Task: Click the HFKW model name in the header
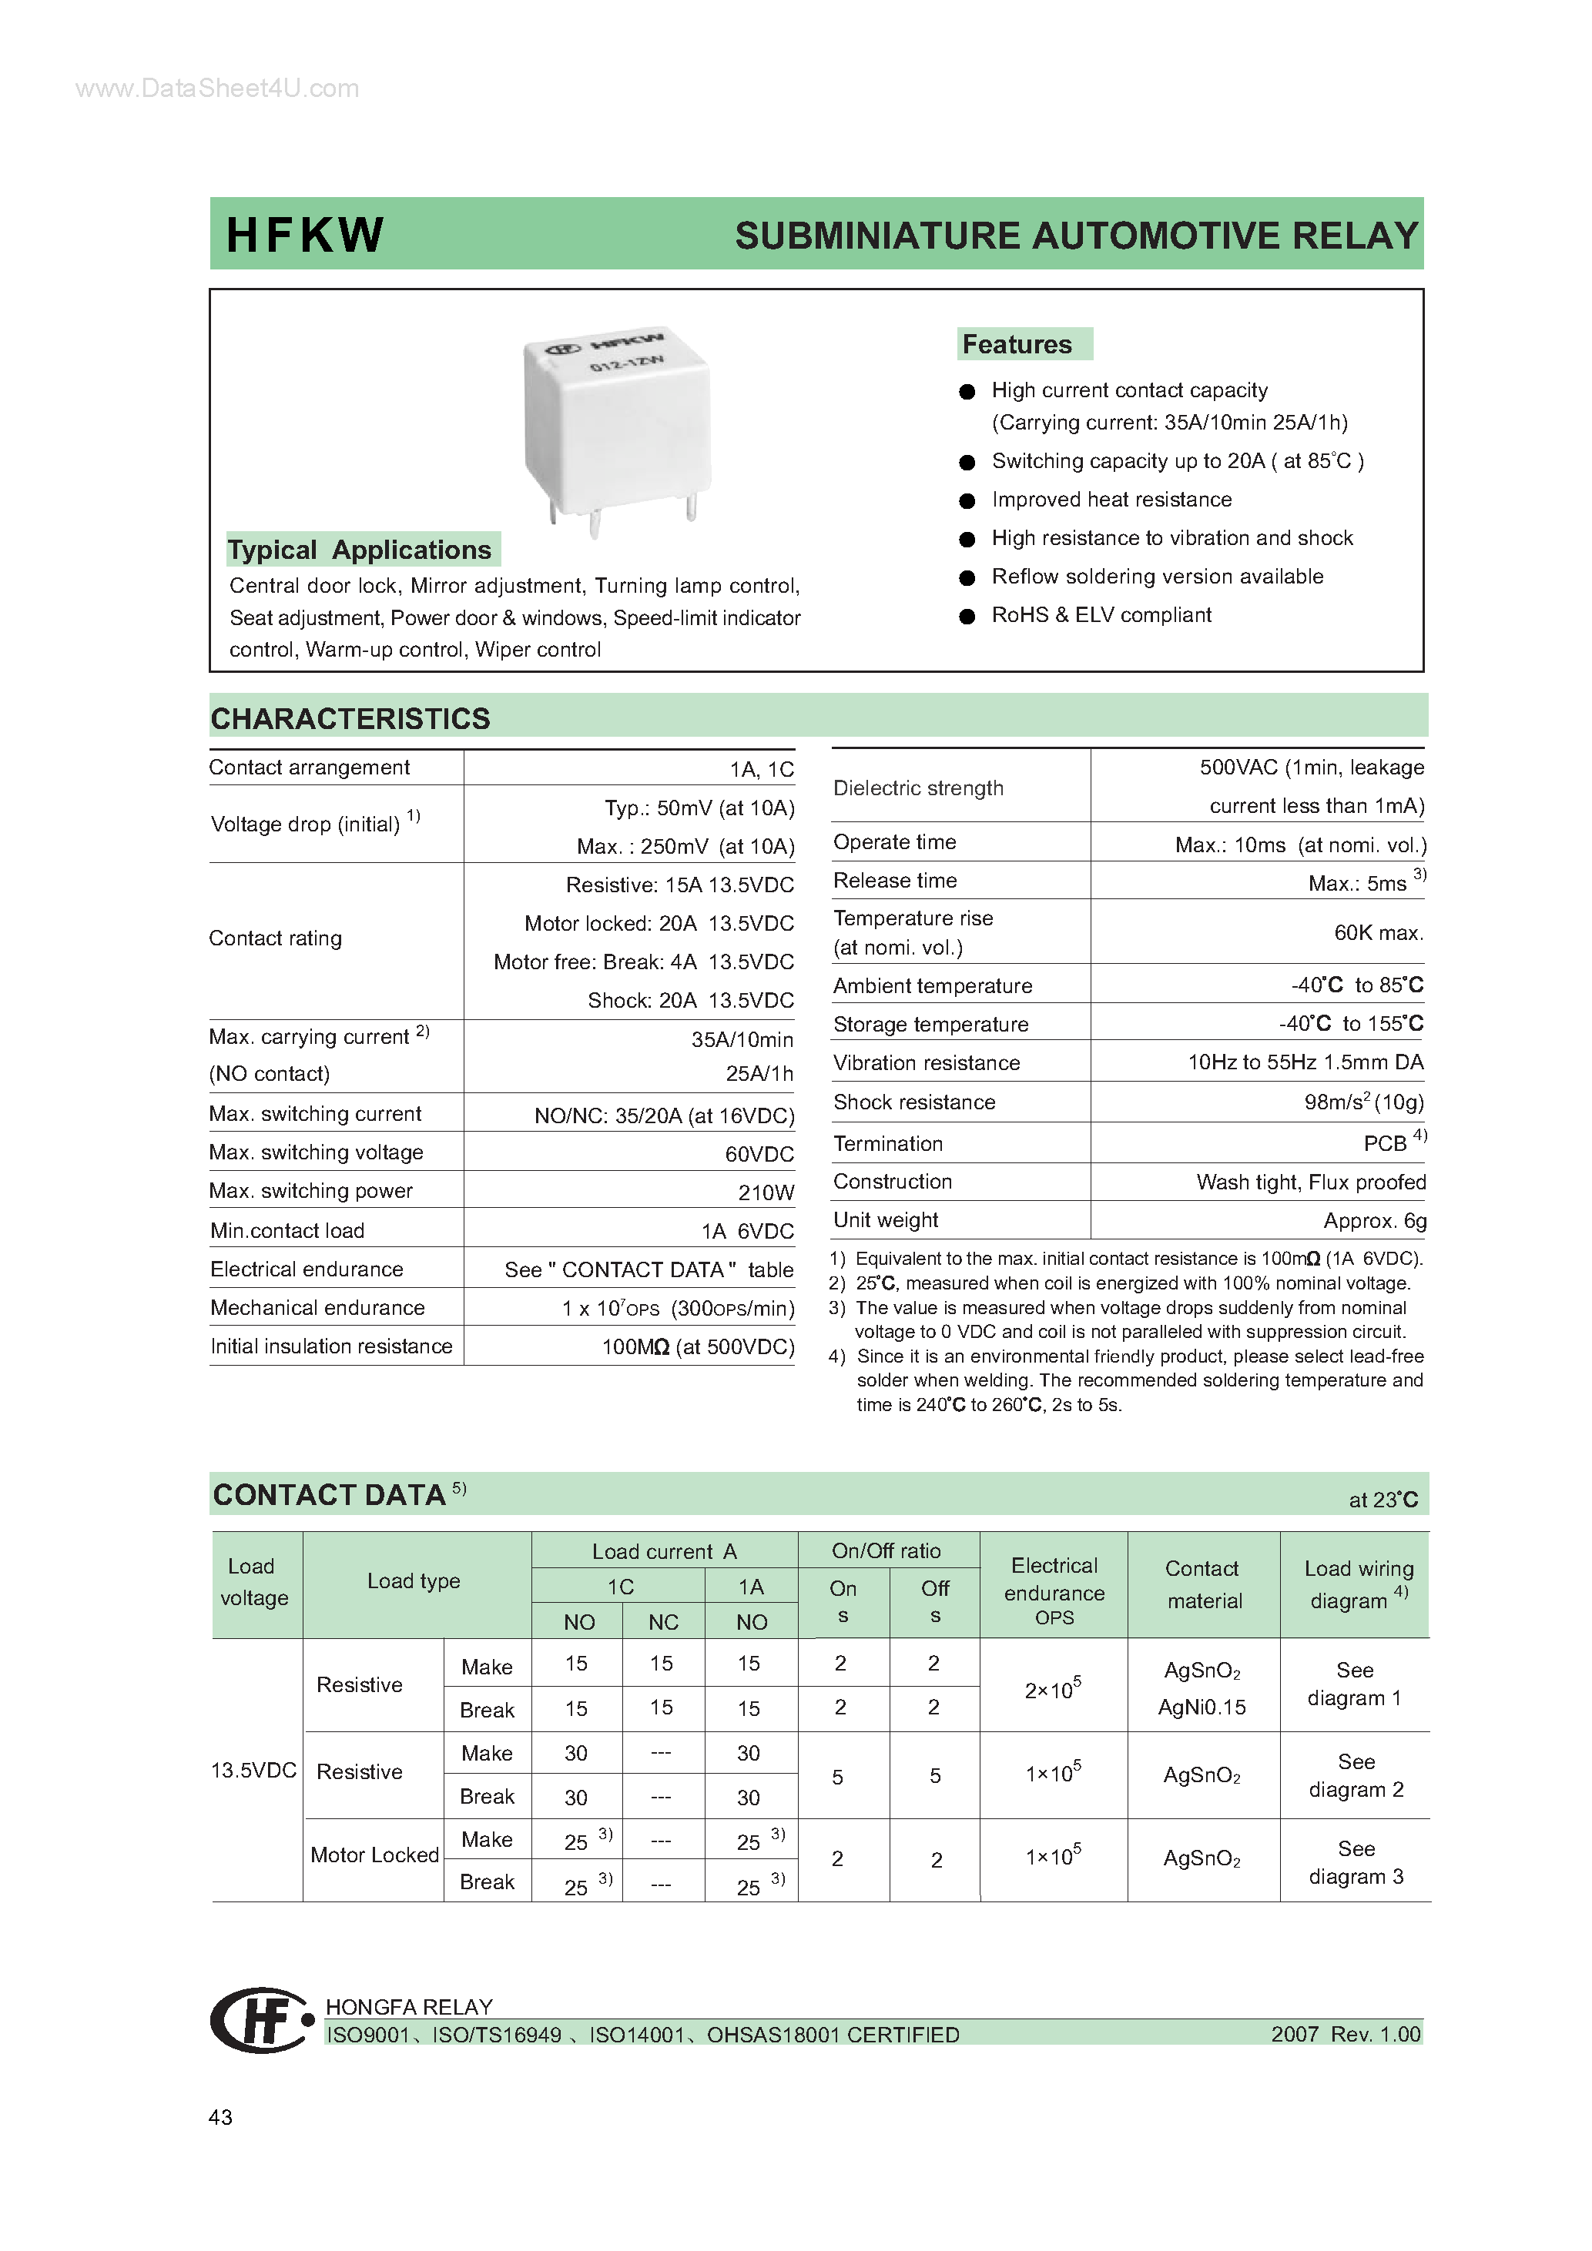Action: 304,236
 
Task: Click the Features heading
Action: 1017,344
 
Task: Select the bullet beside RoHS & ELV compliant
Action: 967,616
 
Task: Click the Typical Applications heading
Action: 360,549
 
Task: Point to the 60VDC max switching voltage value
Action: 759,1154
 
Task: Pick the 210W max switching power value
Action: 766,1192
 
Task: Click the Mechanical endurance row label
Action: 317,1307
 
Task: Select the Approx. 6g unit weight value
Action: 1374,1221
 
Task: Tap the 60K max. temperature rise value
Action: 1378,932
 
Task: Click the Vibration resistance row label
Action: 926,1062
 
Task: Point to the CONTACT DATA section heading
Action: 330,1494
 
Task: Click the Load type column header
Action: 413,1580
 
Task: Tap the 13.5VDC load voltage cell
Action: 253,1770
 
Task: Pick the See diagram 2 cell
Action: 1356,1775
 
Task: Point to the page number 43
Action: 221,2117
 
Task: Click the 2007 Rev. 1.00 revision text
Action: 1345,2035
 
